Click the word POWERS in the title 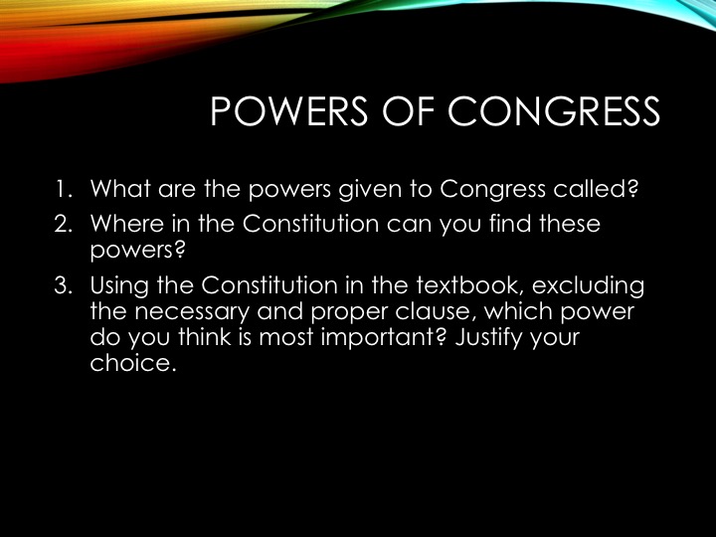289,111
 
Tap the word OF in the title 408,111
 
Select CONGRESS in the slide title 554,111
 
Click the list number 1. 64,189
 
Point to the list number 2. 64,224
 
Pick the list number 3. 64,285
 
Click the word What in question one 120,189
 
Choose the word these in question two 570,224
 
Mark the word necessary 192,313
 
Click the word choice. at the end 133,363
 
